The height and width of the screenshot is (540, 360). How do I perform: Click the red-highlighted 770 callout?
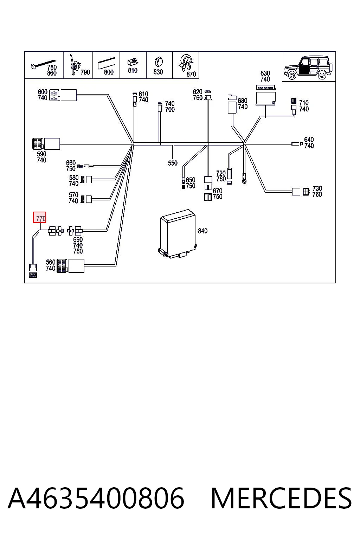pyautogui.click(x=39, y=218)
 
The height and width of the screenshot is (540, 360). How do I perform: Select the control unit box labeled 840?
pyautogui.click(x=178, y=234)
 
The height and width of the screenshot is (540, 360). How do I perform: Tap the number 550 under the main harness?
pyautogui.click(x=173, y=163)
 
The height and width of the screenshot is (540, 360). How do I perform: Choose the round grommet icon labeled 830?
pyautogui.click(x=159, y=62)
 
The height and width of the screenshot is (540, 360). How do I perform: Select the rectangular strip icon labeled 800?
pyautogui.click(x=107, y=63)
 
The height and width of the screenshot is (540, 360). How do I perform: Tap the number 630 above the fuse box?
pyautogui.click(x=265, y=73)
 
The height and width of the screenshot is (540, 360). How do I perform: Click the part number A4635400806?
pyautogui.click(x=96, y=498)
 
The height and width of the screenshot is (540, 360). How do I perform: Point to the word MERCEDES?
pyautogui.click(x=281, y=498)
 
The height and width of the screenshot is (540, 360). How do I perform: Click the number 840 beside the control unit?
pyautogui.click(x=202, y=231)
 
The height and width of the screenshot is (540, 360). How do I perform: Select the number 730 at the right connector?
pyautogui.click(x=317, y=188)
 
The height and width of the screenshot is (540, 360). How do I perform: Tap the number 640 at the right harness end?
pyautogui.click(x=309, y=140)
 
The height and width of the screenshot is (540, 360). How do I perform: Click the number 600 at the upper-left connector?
pyautogui.click(x=43, y=92)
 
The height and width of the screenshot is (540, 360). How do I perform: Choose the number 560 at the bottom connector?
pyautogui.click(x=51, y=262)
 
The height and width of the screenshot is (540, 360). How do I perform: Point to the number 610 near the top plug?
pyautogui.click(x=143, y=94)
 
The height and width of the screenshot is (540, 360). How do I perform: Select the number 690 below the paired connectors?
pyautogui.click(x=78, y=239)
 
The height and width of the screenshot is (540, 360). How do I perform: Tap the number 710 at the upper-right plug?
pyautogui.click(x=304, y=103)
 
